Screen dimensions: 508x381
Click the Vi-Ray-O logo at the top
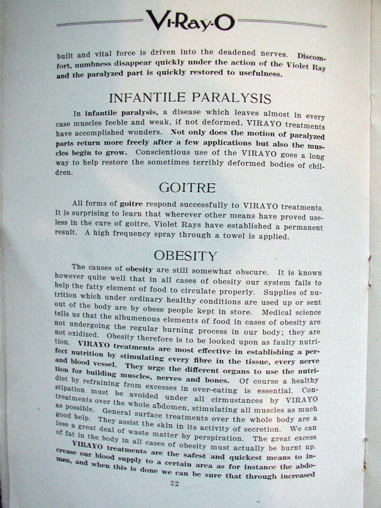tap(190, 21)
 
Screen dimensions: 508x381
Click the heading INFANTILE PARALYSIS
tap(190, 98)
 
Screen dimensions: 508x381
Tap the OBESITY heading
tap(186, 255)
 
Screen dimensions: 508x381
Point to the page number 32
tap(175, 483)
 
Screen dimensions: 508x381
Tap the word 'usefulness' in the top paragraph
tap(260, 73)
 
